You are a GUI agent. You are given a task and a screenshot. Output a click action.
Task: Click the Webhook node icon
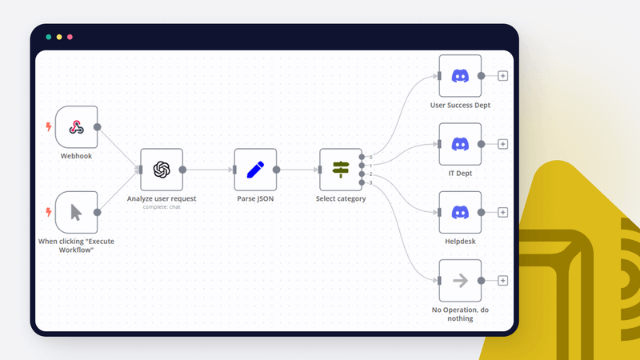[76, 127]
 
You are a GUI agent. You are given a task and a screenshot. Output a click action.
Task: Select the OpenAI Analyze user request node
[162, 170]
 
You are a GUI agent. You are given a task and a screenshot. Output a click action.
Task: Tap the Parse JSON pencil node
[255, 170]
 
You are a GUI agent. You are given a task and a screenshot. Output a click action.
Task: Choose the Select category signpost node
[341, 170]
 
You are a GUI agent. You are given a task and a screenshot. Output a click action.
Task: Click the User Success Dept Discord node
[460, 76]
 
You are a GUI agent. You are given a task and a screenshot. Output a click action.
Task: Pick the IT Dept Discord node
[460, 144]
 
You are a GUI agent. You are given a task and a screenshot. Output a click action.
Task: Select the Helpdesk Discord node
[460, 212]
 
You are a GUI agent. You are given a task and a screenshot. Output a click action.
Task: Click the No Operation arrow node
[460, 280]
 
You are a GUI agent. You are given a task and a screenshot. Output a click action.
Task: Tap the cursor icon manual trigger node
[76, 212]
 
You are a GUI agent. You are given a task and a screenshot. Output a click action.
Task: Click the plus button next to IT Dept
[502, 144]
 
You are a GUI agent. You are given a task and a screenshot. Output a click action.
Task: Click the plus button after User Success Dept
[502, 76]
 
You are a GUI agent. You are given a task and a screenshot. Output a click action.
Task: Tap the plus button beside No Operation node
[502, 280]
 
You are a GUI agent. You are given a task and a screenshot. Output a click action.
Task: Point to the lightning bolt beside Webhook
[48, 127]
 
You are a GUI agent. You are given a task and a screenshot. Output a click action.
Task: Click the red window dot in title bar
[70, 37]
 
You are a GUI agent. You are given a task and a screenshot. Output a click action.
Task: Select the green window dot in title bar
[49, 37]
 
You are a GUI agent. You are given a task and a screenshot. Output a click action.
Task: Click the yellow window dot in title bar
[59, 37]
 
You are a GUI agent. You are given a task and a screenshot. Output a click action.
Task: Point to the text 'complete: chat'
[162, 207]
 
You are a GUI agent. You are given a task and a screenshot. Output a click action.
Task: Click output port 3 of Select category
[362, 182]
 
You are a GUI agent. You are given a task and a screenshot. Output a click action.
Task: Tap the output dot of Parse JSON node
[277, 170]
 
